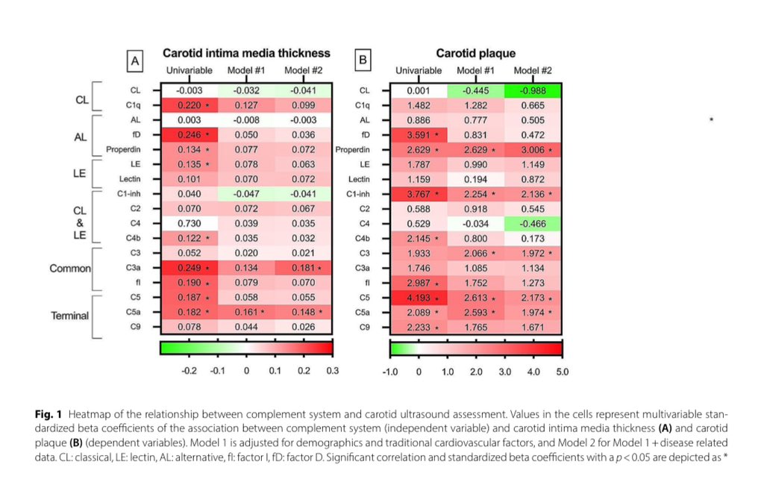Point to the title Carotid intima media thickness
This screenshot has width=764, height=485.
[x=246, y=54]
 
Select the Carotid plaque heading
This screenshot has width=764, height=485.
[x=475, y=54]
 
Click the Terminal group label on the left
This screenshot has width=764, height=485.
[x=69, y=315]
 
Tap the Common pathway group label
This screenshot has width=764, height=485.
[x=70, y=267]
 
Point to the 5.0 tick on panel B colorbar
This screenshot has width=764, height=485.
[x=562, y=371]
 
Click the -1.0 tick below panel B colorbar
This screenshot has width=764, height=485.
[x=391, y=371]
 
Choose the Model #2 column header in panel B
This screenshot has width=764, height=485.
[x=533, y=70]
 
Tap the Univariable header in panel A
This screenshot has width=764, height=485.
[x=188, y=70]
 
